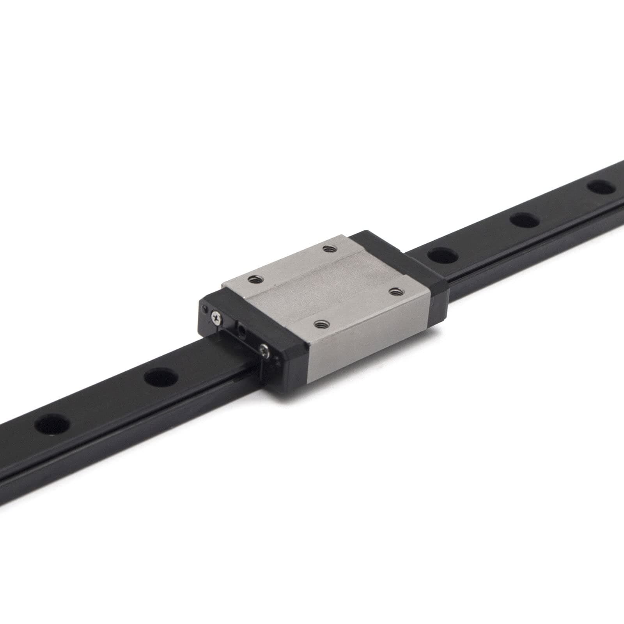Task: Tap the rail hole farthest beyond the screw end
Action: click(x=51, y=425)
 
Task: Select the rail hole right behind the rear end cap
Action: click(x=442, y=255)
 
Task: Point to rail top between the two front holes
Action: click(x=105, y=402)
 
